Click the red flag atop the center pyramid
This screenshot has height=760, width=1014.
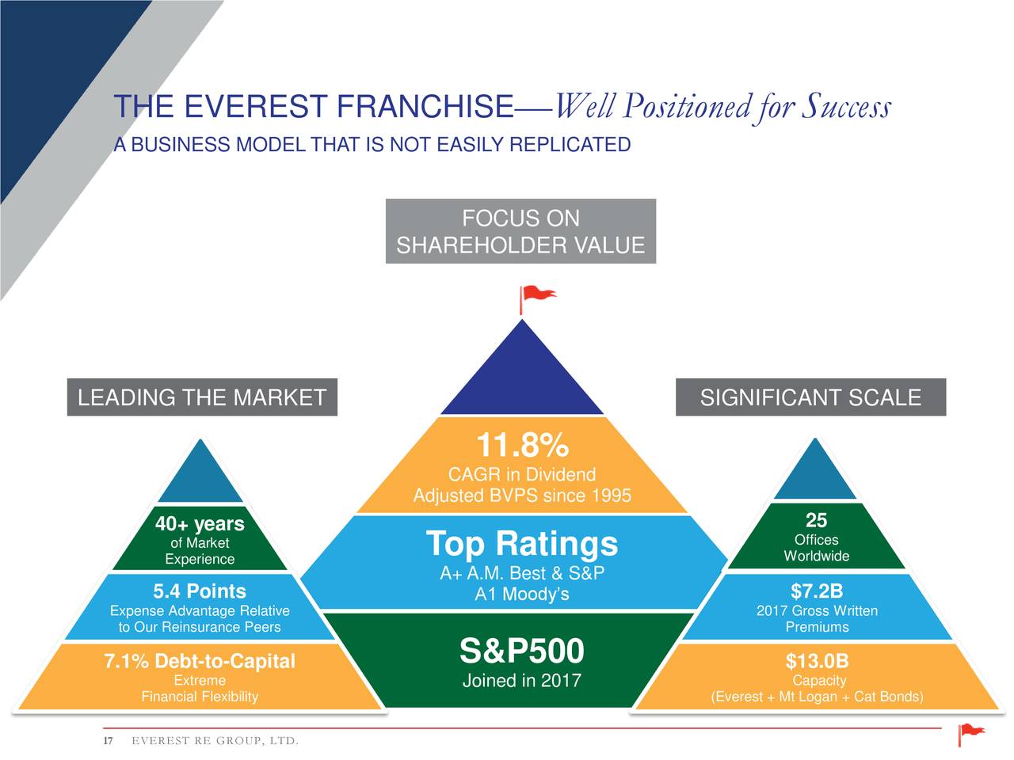pyautogui.click(x=536, y=296)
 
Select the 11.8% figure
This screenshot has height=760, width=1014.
pyautogui.click(x=521, y=446)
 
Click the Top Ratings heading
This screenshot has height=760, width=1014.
pyautogui.click(x=521, y=545)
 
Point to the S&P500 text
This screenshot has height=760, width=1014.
pyautogui.click(x=521, y=652)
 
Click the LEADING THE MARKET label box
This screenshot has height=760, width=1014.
pyautogui.click(x=202, y=397)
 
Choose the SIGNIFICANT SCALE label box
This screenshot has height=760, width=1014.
pyautogui.click(x=810, y=397)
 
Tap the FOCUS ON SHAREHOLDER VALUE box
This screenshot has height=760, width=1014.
pyautogui.click(x=520, y=231)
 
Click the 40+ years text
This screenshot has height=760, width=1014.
pyautogui.click(x=200, y=524)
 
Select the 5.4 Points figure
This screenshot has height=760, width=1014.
pyautogui.click(x=200, y=591)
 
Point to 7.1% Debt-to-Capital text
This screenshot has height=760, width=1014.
pyautogui.click(x=200, y=661)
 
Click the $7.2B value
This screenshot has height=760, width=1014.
pyautogui.click(x=817, y=591)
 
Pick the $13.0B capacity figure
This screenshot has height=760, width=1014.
pyautogui.click(x=817, y=661)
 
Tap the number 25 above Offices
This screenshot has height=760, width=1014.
pyautogui.click(x=817, y=520)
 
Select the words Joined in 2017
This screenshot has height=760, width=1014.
pyautogui.click(x=521, y=681)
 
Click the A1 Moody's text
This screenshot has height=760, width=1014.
pyautogui.click(x=521, y=595)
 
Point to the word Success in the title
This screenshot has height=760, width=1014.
pyautogui.click(x=845, y=107)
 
